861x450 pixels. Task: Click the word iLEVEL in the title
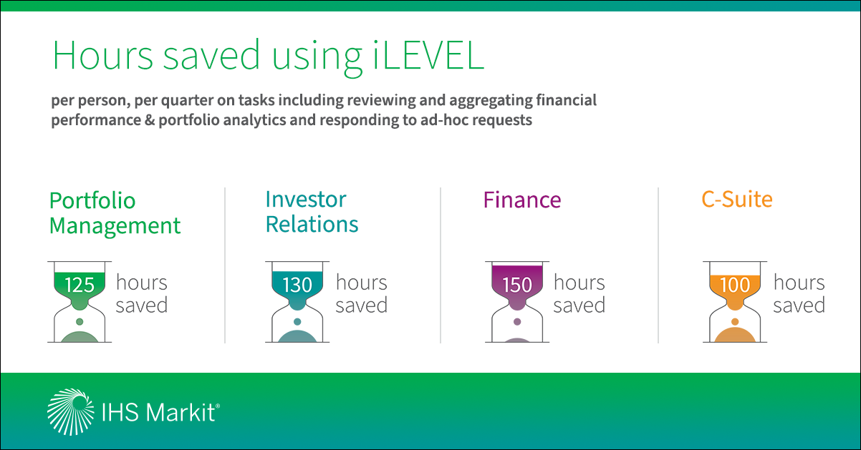point(428,55)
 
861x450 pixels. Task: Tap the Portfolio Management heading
point(115,212)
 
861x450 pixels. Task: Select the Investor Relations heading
point(312,212)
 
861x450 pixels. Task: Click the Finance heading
point(522,200)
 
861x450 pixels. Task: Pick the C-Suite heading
point(737,200)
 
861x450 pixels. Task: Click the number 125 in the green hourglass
point(80,285)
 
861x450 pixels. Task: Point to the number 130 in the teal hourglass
point(297,285)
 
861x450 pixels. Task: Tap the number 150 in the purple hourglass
point(517,285)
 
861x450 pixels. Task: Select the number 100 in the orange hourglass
point(735,285)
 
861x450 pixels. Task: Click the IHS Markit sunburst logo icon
point(70,411)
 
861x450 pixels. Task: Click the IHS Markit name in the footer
point(160,413)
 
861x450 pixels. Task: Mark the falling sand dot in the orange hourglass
point(735,322)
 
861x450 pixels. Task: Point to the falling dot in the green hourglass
point(80,322)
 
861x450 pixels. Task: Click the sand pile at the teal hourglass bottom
point(297,337)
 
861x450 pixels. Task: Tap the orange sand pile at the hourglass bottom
point(735,336)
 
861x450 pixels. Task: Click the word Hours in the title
point(102,55)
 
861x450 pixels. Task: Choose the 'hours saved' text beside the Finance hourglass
point(579,294)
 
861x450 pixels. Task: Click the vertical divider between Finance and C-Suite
point(658,265)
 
